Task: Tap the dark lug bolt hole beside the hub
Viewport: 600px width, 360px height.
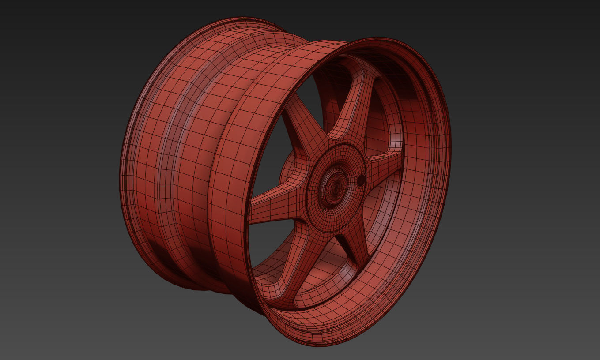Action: click(361, 180)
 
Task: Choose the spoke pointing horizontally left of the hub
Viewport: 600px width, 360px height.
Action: click(274, 207)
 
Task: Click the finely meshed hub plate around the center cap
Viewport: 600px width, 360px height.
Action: click(318, 207)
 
